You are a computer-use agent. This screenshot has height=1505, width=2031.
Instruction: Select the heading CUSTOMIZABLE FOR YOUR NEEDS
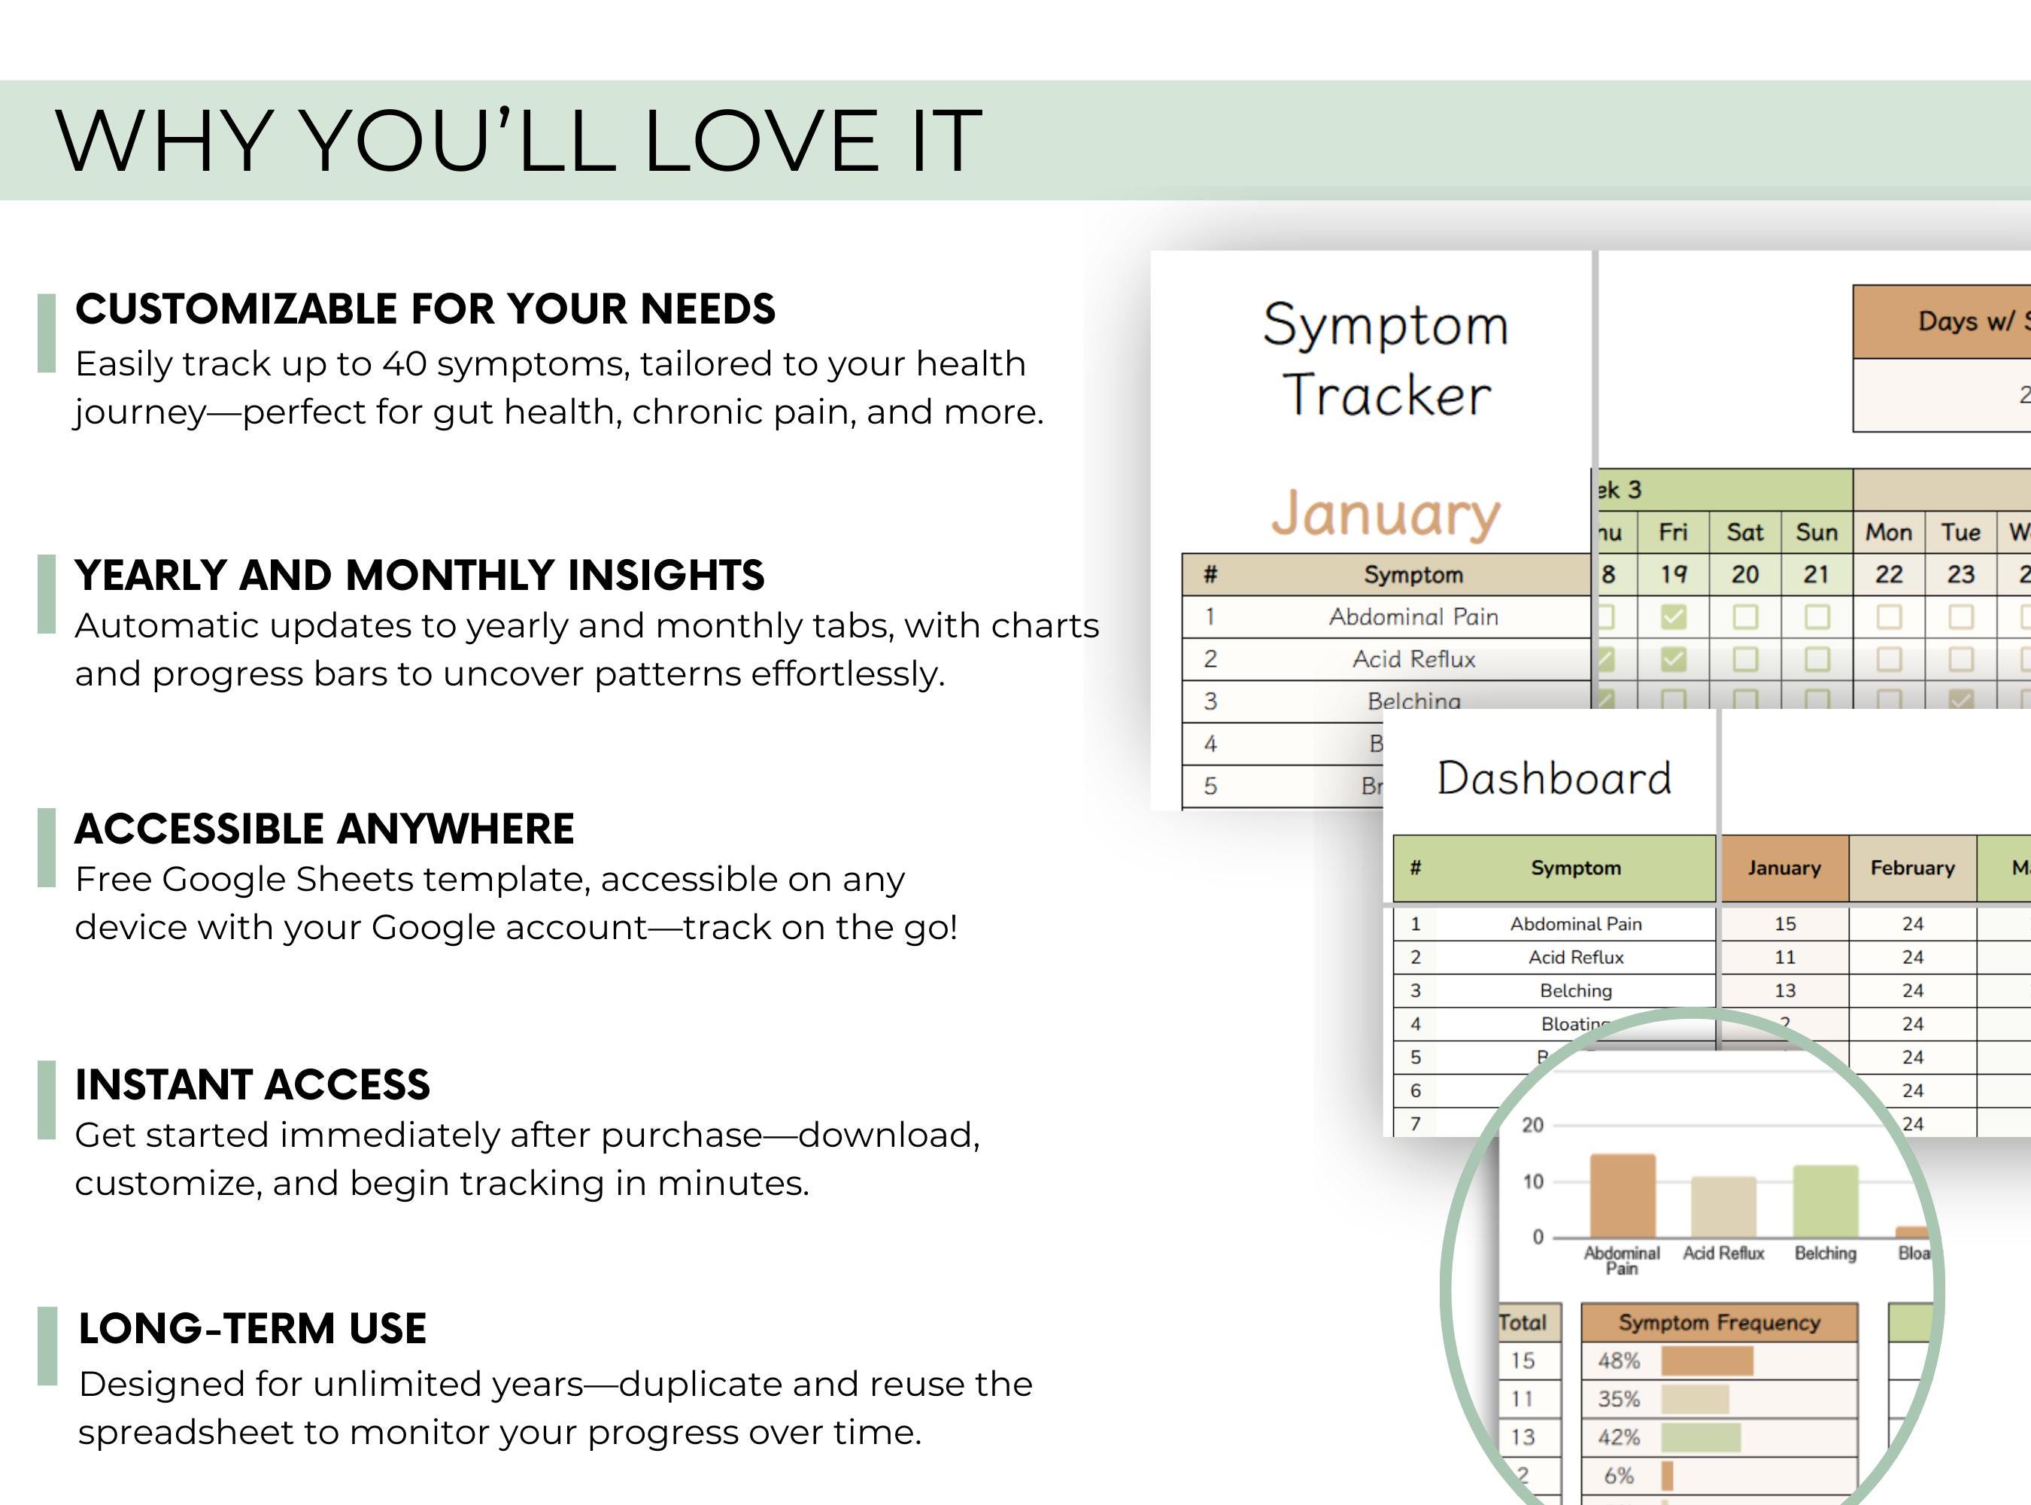pyautogui.click(x=425, y=309)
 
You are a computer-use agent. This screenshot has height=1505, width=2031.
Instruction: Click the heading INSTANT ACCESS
pyautogui.click(x=252, y=1084)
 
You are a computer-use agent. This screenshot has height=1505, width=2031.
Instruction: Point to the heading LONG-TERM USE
pyautogui.click(x=252, y=1328)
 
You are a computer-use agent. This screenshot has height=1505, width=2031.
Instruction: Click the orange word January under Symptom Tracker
pyautogui.click(x=1386, y=514)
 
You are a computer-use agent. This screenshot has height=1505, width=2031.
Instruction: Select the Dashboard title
pyautogui.click(x=1554, y=778)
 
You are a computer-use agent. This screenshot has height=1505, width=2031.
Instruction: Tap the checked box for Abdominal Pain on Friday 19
pyautogui.click(x=1673, y=618)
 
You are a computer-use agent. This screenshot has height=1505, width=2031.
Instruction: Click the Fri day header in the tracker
pyautogui.click(x=1673, y=532)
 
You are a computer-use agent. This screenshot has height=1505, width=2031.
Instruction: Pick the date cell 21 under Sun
pyautogui.click(x=1816, y=575)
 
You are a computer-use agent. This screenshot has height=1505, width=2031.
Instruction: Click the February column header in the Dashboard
pyautogui.click(x=1911, y=868)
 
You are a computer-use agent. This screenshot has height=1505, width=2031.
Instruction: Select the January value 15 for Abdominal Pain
pyautogui.click(x=1784, y=924)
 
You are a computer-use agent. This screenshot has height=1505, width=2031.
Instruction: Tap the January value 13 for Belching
pyautogui.click(x=1784, y=990)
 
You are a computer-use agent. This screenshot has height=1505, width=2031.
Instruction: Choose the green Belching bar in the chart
pyautogui.click(x=1825, y=1201)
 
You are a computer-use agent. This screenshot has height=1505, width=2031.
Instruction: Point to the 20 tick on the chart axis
pyautogui.click(x=1533, y=1125)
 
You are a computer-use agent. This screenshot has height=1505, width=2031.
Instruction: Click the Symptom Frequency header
pyautogui.click(x=1719, y=1323)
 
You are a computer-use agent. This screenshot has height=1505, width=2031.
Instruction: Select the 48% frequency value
pyautogui.click(x=1619, y=1361)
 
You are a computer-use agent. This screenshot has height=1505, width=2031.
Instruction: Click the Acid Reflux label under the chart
pyautogui.click(x=1723, y=1254)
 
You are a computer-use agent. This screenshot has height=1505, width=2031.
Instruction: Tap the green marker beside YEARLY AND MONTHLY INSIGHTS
pyautogui.click(x=47, y=594)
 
